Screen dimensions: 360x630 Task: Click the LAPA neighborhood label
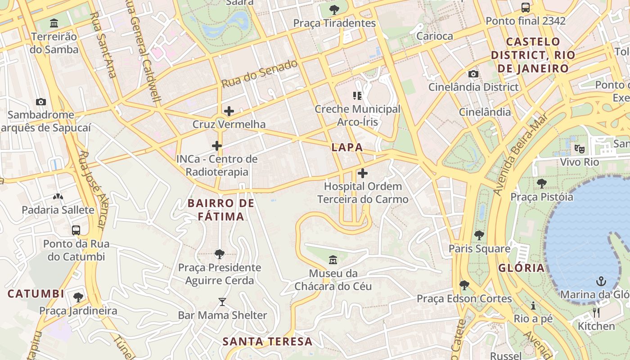(347, 147)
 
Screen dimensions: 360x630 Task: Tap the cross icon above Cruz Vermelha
(229, 111)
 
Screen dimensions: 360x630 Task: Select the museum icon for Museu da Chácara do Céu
(333, 260)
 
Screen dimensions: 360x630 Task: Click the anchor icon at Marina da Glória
(601, 282)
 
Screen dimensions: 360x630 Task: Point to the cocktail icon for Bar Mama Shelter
(222, 302)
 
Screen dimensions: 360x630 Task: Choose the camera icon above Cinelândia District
(473, 74)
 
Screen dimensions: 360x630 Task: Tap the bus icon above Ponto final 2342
(525, 8)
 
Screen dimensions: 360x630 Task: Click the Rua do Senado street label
(260, 73)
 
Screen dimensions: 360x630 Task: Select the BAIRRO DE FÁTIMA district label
(221, 210)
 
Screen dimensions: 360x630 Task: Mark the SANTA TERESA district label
(267, 341)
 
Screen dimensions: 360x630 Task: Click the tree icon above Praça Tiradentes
(334, 9)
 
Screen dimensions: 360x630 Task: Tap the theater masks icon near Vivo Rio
(579, 148)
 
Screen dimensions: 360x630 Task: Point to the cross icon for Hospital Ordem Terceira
(363, 173)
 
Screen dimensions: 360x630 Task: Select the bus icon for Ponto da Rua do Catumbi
(76, 230)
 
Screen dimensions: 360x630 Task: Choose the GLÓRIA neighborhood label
(521, 268)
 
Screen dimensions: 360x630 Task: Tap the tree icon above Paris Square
(479, 235)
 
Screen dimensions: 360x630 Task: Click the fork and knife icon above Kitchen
(596, 313)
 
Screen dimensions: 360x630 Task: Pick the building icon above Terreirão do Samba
(54, 23)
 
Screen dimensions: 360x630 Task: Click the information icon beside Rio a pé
(533, 306)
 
